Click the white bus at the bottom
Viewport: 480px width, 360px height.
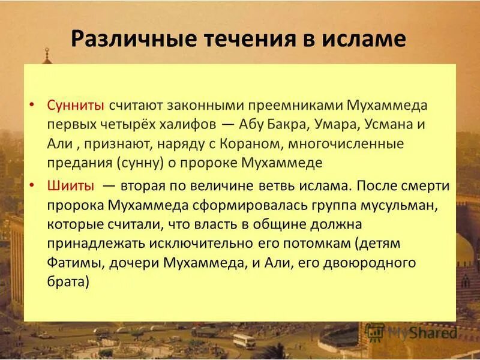pos(244,340)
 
